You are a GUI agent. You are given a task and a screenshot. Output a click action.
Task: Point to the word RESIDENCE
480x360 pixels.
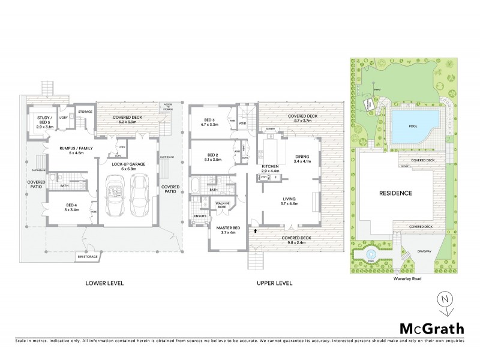coord(395,193)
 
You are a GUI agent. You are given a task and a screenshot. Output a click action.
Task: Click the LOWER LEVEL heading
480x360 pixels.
coord(104,283)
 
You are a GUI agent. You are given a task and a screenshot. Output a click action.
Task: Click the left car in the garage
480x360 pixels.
coord(114,197)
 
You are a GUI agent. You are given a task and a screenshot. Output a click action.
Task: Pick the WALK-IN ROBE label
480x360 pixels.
coord(223,206)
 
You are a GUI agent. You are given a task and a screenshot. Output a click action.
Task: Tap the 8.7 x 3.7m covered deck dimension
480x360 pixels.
coord(302,121)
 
